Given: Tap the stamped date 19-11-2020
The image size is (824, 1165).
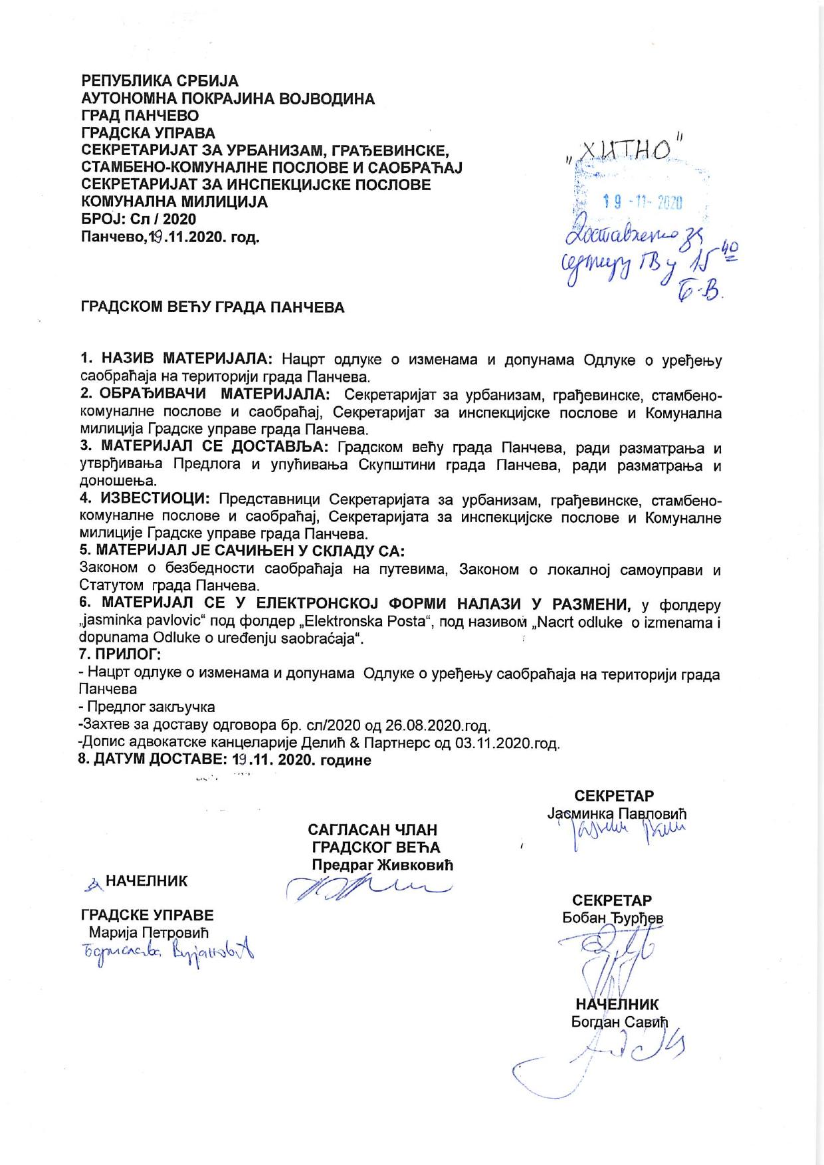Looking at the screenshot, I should click(x=642, y=202).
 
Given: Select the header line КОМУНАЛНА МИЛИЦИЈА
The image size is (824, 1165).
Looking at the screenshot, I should click(x=175, y=202).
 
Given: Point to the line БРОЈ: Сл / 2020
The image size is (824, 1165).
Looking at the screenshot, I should click(x=138, y=219).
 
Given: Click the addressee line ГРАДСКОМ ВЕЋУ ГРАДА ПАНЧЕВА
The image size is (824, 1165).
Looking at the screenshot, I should click(x=213, y=308).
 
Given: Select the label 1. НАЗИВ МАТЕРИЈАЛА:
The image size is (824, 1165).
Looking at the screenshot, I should click(x=176, y=360).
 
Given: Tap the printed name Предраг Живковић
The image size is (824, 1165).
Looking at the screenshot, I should click(x=383, y=865).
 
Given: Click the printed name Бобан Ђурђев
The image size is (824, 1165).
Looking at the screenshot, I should click(x=613, y=918).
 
